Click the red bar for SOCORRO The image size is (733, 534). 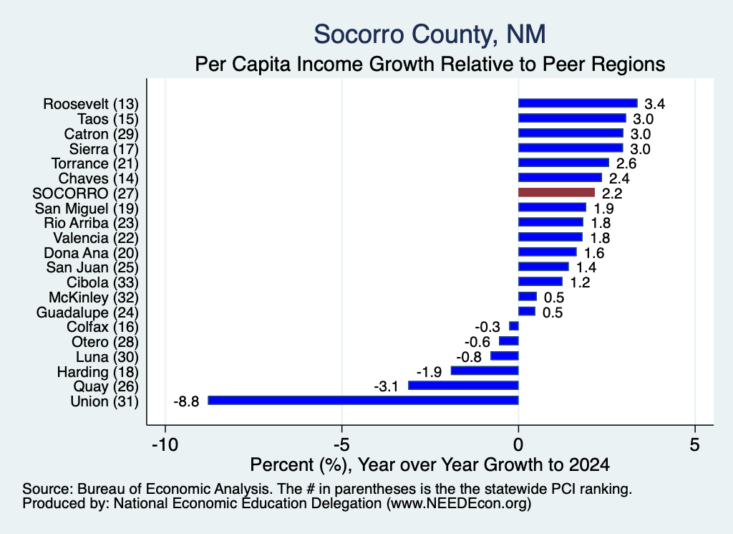pyautogui.click(x=556, y=192)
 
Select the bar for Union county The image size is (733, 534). pyautogui.click(x=363, y=400)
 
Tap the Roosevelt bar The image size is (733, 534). pyautogui.click(x=578, y=103)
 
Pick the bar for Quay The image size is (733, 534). pyautogui.click(x=463, y=385)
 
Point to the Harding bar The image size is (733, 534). pyautogui.click(x=485, y=371)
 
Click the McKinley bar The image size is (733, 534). pyautogui.click(x=528, y=296)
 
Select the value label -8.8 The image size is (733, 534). pyautogui.click(x=186, y=401)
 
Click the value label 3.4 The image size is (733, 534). pyautogui.click(x=654, y=104)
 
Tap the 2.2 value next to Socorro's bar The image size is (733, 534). pyautogui.click(x=612, y=193)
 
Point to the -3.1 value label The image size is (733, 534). pyautogui.click(x=386, y=386)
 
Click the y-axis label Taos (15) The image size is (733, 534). pyautogui.click(x=108, y=119)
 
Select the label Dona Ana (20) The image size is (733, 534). pyautogui.click(x=91, y=253)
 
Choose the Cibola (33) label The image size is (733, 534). pyautogui.click(x=102, y=282)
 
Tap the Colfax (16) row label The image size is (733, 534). pyautogui.click(x=102, y=327)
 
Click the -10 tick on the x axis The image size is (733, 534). pyautogui.click(x=165, y=444)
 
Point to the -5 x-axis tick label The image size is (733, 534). pyautogui.click(x=341, y=444)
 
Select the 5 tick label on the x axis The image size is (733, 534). pyautogui.click(x=694, y=444)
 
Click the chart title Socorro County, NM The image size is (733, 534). pyautogui.click(x=429, y=34)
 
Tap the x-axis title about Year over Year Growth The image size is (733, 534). pyautogui.click(x=429, y=464)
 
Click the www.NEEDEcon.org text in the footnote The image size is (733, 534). pyautogui.click(x=459, y=504)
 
